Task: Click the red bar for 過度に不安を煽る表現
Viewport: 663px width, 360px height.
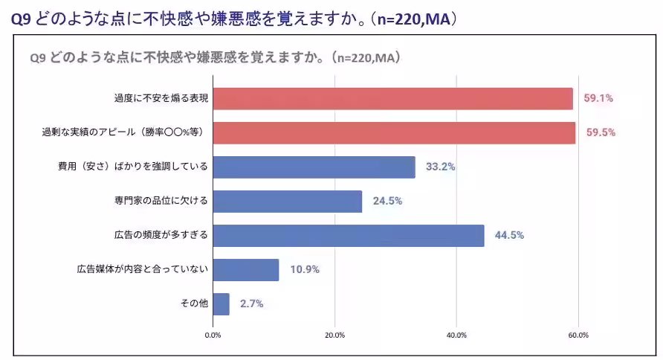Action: pyautogui.click(x=392, y=99)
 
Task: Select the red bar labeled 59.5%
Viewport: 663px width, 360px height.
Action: pyautogui.click(x=394, y=133)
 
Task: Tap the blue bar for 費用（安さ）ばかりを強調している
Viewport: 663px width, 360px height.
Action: pyautogui.click(x=314, y=167)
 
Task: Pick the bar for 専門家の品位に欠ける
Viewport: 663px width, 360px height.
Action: pyautogui.click(x=287, y=202)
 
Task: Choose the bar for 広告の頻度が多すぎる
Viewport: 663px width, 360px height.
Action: pyautogui.click(x=348, y=236)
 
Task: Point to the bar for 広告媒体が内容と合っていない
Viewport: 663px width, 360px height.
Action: pyautogui.click(x=245, y=270)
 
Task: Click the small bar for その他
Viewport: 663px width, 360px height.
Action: pyautogui.click(x=221, y=304)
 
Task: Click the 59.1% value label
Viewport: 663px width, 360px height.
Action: pyautogui.click(x=598, y=99)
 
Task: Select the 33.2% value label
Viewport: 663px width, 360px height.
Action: pyautogui.click(x=440, y=167)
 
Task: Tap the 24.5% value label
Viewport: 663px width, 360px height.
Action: pyautogui.click(x=387, y=202)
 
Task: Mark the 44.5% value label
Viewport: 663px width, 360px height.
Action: pyautogui.click(x=509, y=236)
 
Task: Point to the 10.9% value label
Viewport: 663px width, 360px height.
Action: pyautogui.click(x=304, y=270)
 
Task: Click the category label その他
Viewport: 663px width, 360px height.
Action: pyautogui.click(x=195, y=304)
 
